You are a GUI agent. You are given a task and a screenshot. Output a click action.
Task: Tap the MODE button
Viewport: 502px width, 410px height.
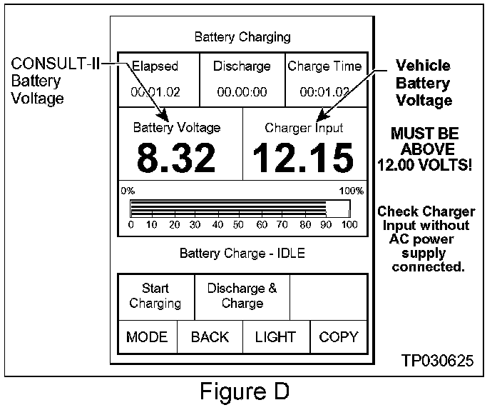pos(147,337)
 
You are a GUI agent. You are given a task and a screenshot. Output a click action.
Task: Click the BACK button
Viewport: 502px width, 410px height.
pos(210,337)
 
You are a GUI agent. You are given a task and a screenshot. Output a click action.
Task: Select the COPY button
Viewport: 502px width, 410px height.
pos(339,337)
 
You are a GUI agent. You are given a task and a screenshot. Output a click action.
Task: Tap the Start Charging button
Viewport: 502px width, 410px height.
pos(155,296)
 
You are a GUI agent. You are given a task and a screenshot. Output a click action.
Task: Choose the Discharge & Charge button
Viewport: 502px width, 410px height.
pos(242,296)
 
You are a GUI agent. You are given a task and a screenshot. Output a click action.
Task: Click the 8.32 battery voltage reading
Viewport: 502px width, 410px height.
pos(176,158)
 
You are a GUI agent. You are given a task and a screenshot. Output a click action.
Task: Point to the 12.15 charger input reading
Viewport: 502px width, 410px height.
pos(304,158)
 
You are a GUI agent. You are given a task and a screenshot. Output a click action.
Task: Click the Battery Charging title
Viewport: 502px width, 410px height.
pos(242,36)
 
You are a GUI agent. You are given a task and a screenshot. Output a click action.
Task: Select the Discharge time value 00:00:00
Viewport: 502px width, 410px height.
pos(242,91)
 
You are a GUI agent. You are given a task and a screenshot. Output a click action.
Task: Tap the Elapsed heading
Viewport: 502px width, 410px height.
pos(155,66)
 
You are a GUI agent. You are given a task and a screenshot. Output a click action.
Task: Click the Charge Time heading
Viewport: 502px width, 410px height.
pos(324,66)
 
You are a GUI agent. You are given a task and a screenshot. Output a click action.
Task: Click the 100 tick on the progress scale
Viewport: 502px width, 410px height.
pos(349,225)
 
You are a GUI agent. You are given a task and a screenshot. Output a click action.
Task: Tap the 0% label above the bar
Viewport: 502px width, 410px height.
pos(128,191)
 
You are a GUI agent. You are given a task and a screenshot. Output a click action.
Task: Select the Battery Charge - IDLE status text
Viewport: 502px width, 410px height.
pos(242,254)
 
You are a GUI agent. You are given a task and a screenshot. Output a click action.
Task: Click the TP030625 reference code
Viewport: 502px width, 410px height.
pos(437,360)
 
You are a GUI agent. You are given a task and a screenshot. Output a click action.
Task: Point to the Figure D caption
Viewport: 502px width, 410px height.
pos(245,392)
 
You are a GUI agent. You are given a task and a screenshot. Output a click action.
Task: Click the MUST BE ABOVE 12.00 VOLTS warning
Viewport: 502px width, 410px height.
pos(425,150)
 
